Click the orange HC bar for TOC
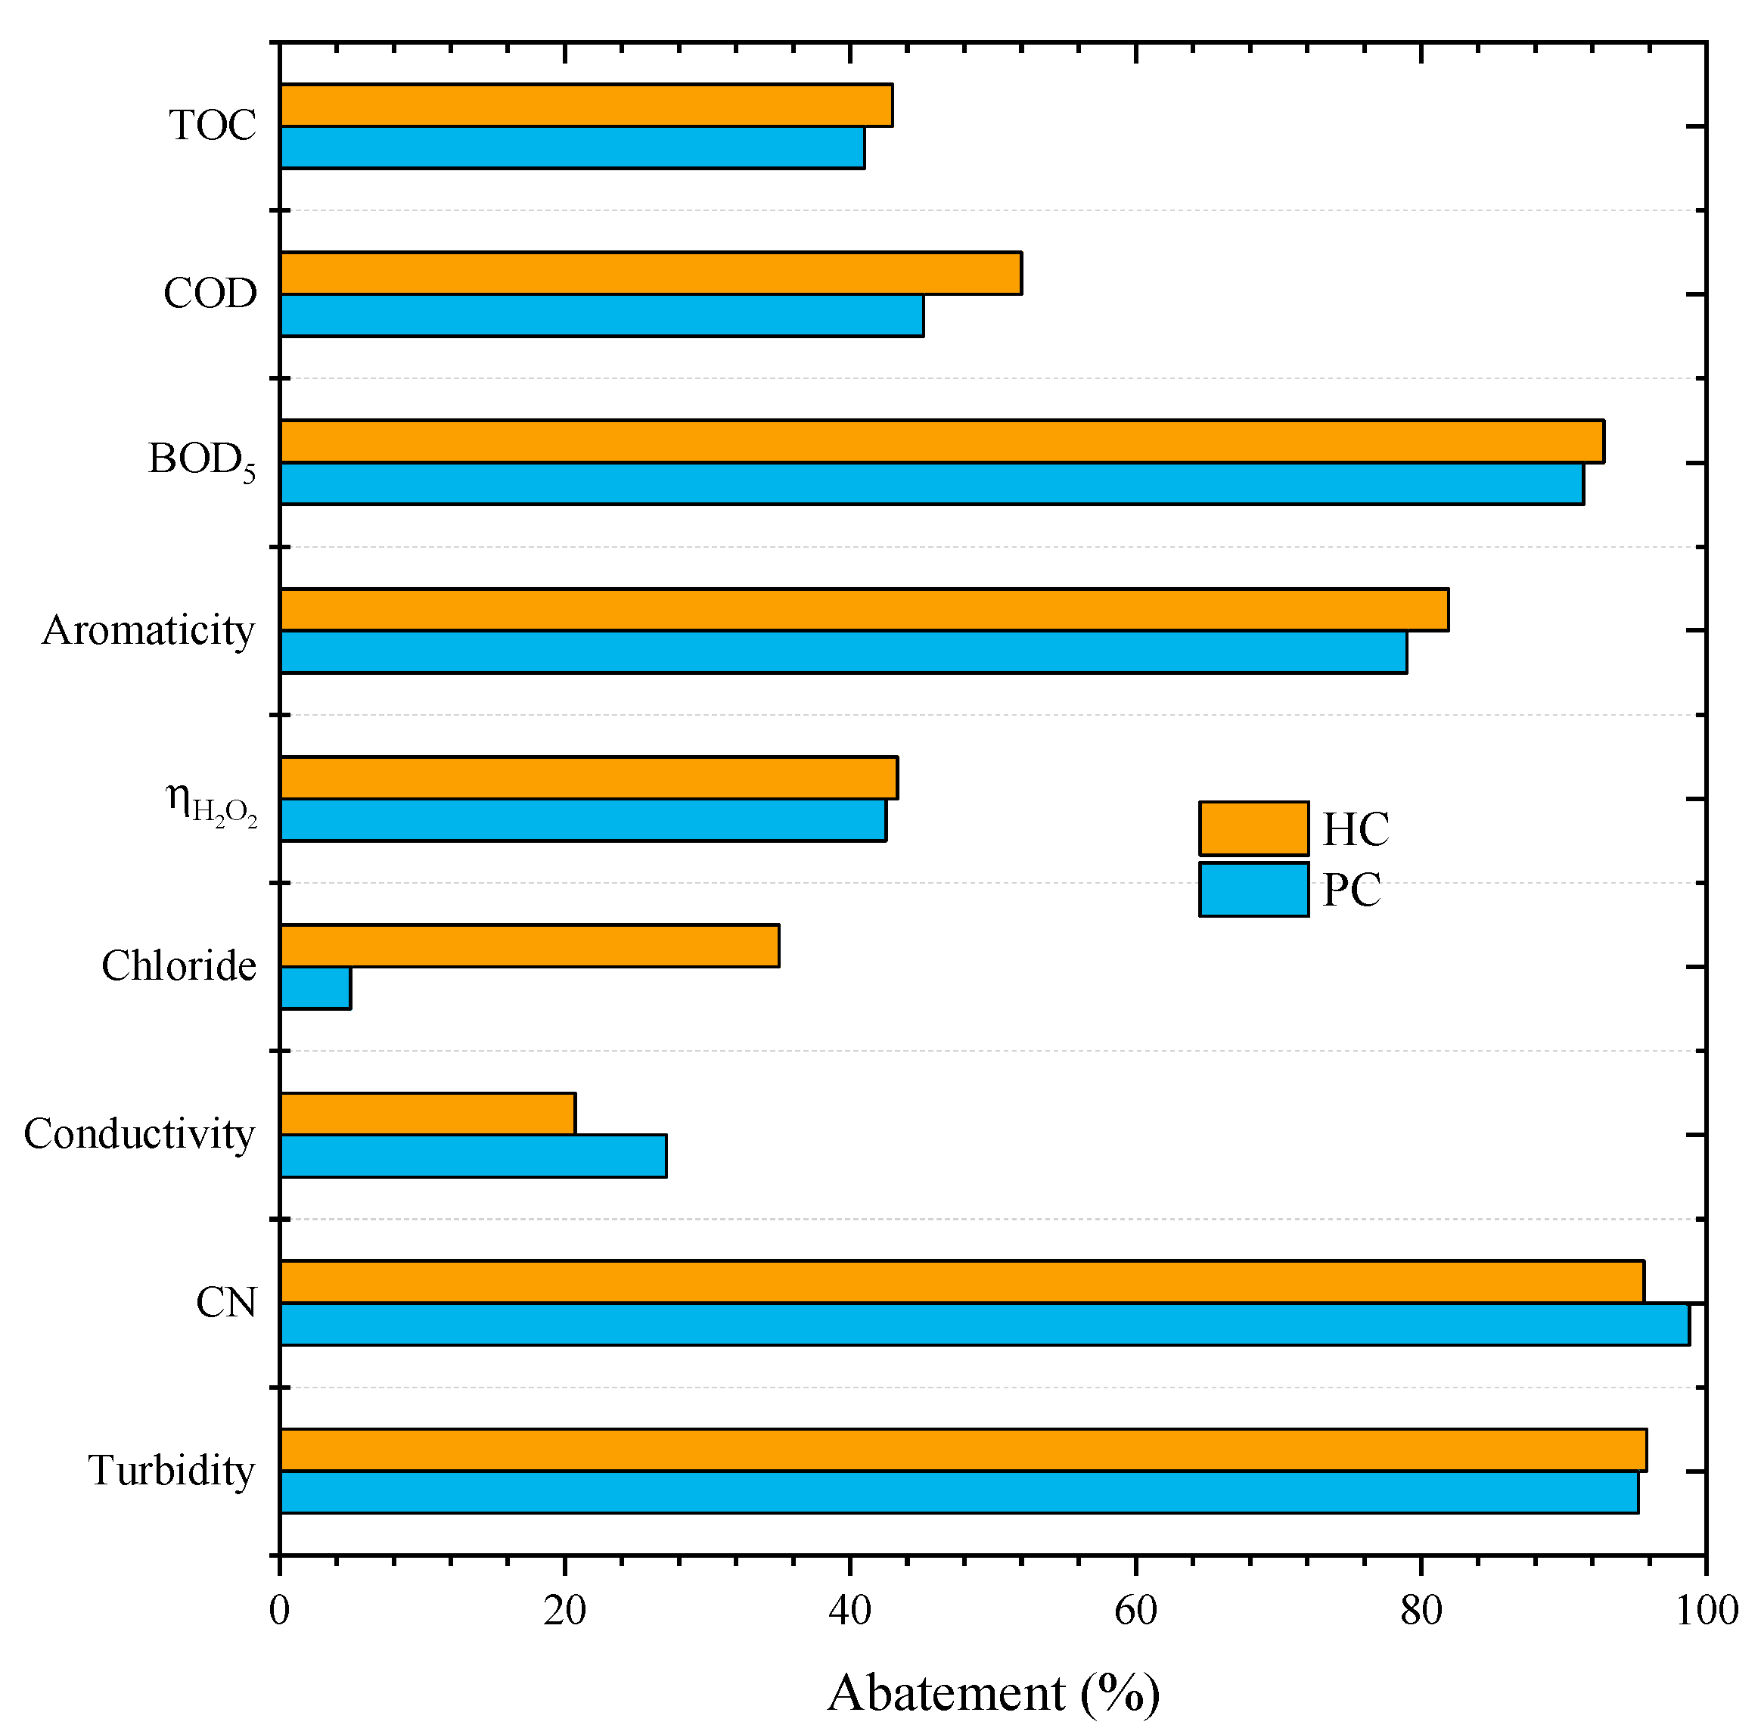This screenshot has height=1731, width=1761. click(x=585, y=104)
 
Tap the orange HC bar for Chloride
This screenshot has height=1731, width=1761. click(x=529, y=946)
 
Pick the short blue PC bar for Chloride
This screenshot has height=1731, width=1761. click(x=315, y=987)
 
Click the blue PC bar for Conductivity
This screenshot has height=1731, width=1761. click(x=473, y=1155)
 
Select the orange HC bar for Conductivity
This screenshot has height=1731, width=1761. click(x=427, y=1114)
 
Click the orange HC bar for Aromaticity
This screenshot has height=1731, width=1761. click(x=864, y=609)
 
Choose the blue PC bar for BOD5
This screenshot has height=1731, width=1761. click(x=931, y=483)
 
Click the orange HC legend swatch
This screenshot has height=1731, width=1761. click(x=1253, y=828)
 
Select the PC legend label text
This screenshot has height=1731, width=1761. click(x=1351, y=890)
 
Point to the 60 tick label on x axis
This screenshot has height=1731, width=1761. click(x=1135, y=1611)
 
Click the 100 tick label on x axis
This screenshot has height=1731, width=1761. click(x=1707, y=1611)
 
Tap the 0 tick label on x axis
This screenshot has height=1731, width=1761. click(x=279, y=1611)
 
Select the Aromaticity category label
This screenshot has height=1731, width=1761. click(x=148, y=630)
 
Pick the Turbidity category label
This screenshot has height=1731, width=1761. click(x=171, y=1470)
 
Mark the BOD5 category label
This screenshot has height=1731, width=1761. click(x=202, y=460)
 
